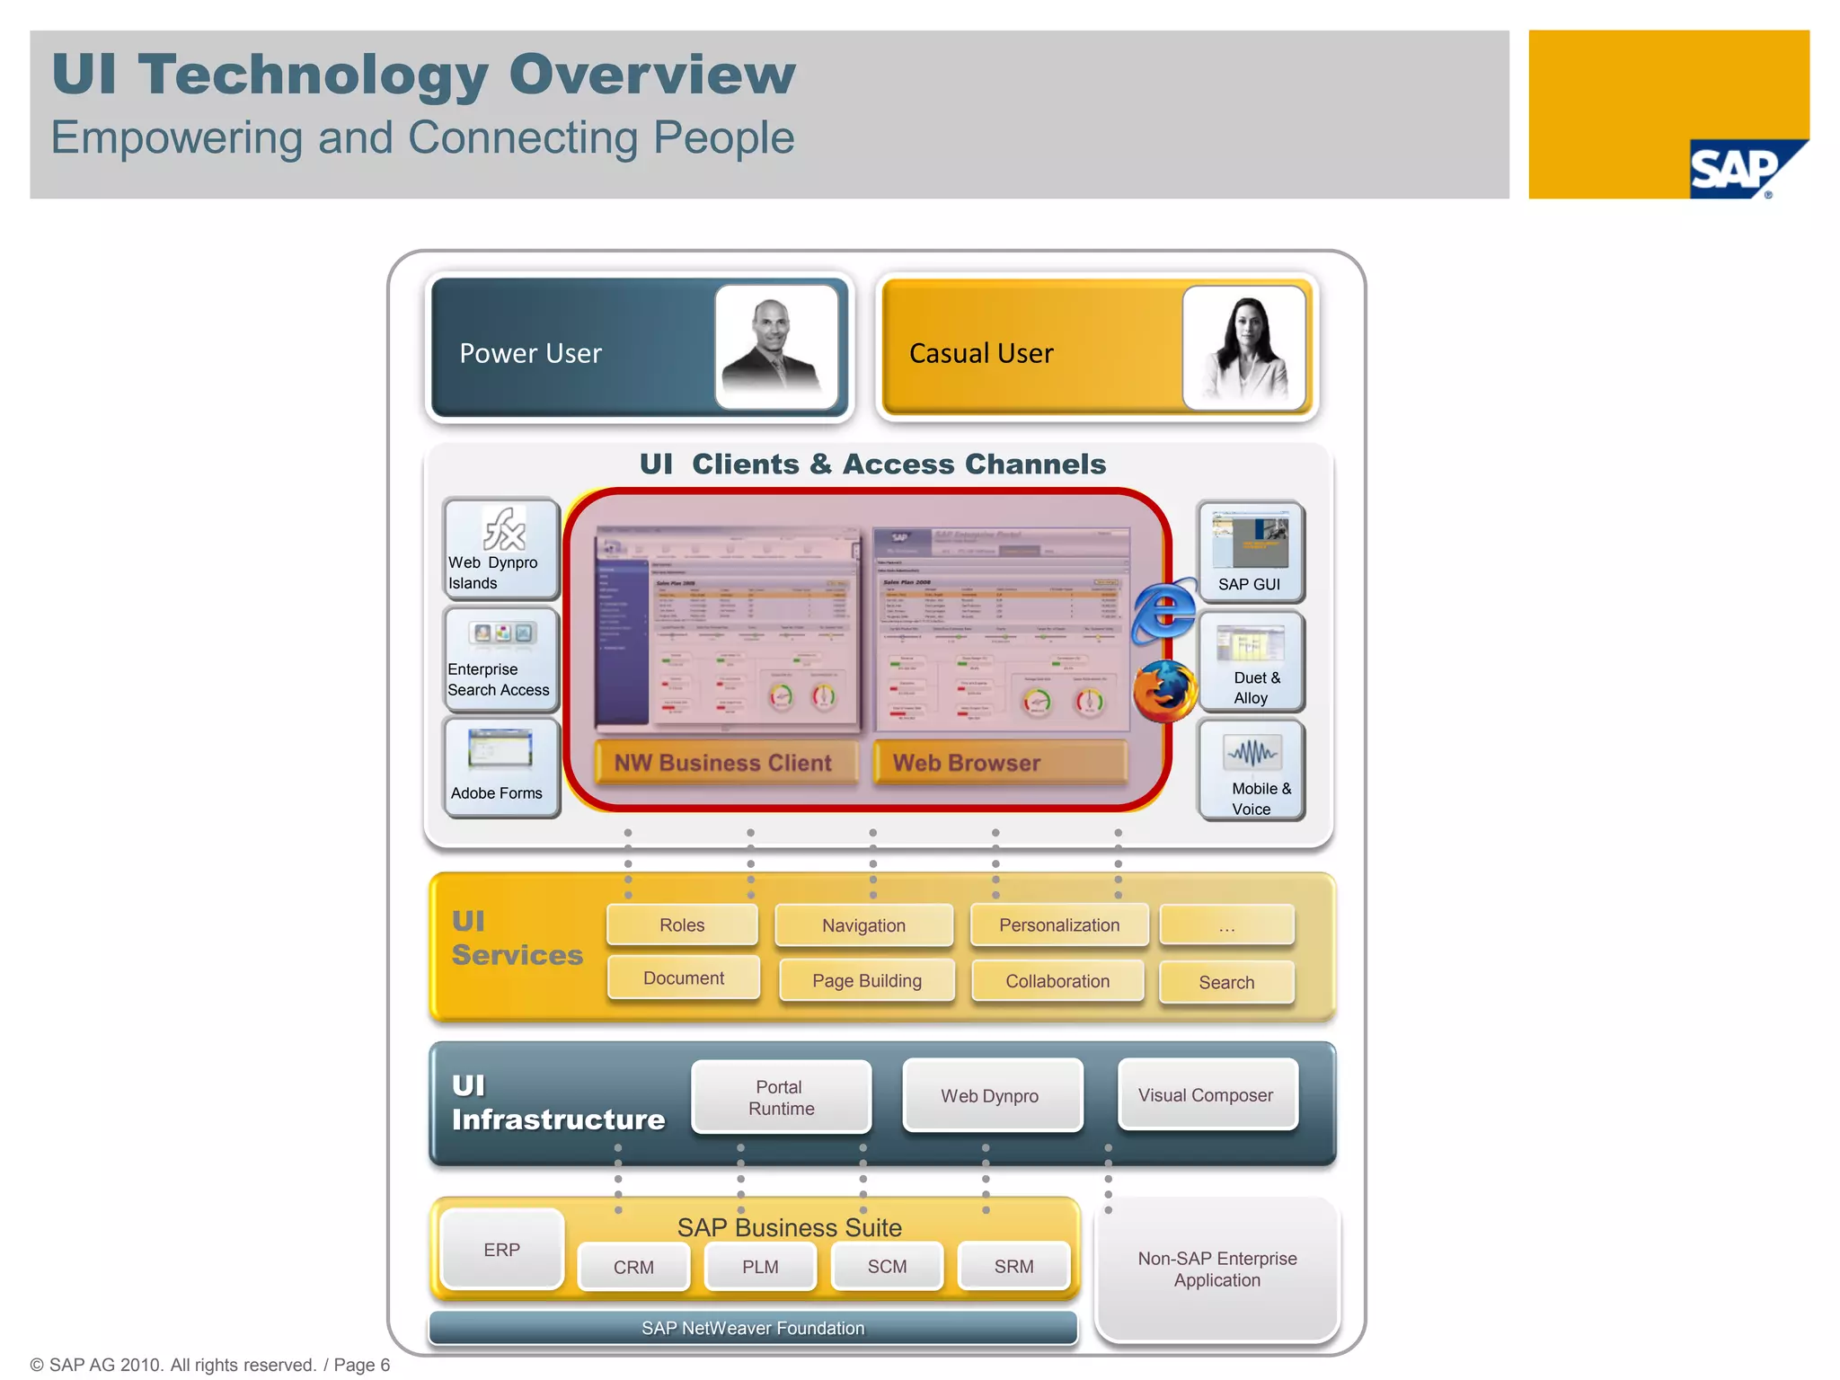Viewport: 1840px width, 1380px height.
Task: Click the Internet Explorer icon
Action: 1163,611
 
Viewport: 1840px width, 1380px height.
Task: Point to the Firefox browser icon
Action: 1164,691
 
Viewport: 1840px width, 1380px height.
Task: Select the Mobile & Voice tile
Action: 1252,770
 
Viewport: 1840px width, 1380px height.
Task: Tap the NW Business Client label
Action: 724,763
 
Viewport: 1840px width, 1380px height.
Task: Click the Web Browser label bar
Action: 999,763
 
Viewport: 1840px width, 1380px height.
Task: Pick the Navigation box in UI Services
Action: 863,925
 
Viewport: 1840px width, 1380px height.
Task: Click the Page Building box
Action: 867,980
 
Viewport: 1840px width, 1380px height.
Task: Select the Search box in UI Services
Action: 1226,982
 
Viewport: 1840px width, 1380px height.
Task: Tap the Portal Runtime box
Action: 781,1097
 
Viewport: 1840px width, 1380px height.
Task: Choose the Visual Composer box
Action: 1207,1095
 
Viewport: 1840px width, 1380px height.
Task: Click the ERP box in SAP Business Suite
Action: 502,1250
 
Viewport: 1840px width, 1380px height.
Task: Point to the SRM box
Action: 1013,1266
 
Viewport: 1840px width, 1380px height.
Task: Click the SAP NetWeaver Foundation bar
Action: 753,1328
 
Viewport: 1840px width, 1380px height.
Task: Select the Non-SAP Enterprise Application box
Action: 1217,1269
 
